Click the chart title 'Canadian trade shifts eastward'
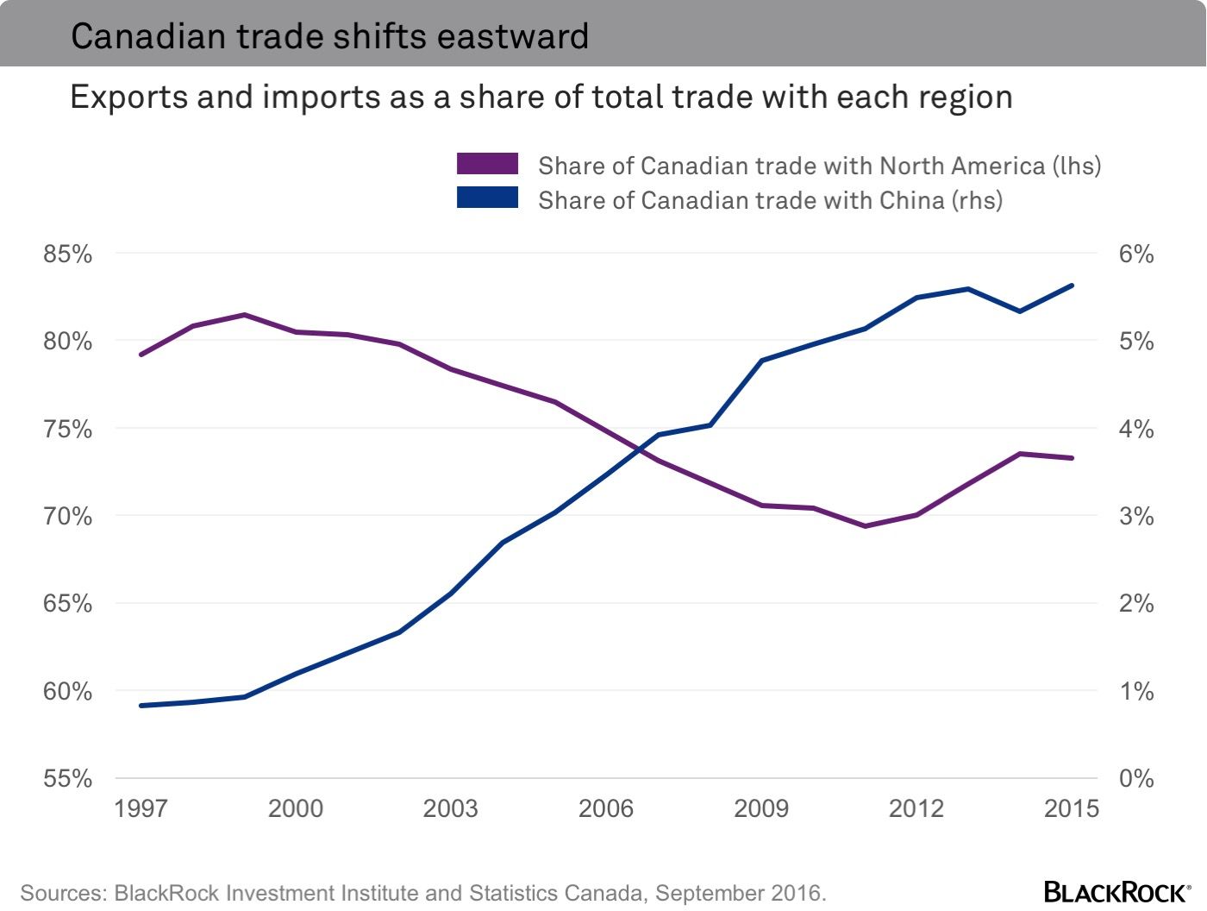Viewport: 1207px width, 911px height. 329,36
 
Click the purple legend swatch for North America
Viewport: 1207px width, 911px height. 487,164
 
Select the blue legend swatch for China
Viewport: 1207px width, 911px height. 487,198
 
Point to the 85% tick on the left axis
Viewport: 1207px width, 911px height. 68,254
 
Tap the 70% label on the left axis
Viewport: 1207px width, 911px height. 68,516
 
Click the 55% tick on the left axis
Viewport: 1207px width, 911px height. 68,778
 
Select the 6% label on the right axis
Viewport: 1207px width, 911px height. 1136,254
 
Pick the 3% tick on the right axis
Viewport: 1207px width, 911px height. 1136,516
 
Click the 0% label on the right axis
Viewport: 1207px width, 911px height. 1136,778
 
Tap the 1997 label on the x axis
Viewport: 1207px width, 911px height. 141,808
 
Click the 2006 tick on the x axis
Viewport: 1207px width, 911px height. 606,808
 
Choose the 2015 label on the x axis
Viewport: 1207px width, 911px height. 1072,808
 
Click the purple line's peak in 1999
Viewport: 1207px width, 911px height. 245,315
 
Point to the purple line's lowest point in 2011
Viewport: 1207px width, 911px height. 865,525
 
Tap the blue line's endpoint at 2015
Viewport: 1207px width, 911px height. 1072,285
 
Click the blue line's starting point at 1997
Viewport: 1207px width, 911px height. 141,706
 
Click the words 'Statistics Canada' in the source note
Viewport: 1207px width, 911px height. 546,893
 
